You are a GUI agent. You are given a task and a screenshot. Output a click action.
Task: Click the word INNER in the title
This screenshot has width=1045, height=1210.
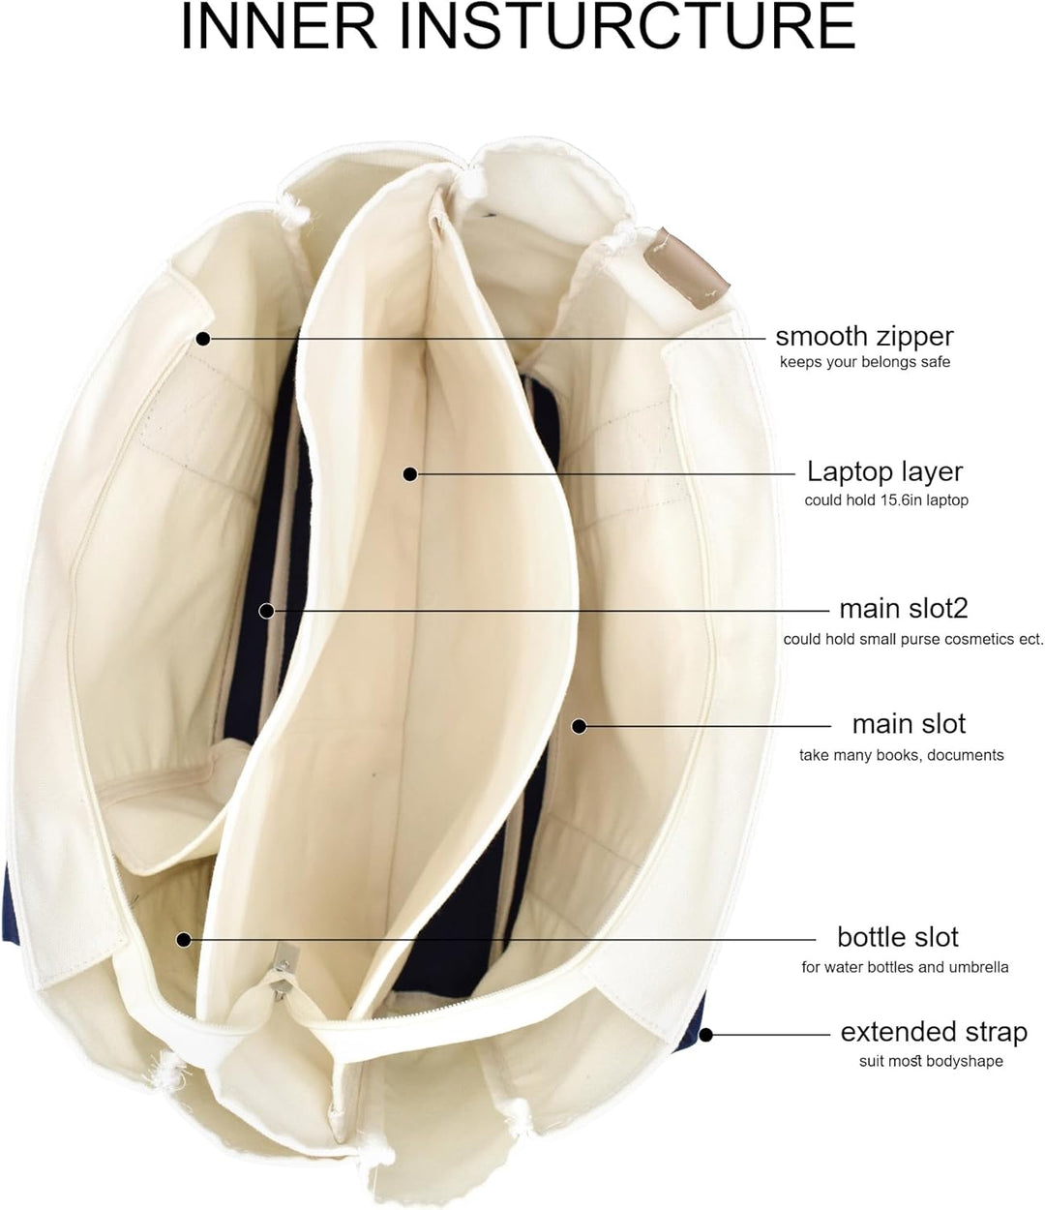click(x=279, y=27)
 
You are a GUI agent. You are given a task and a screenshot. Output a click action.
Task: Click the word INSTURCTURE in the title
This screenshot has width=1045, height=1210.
click(x=628, y=27)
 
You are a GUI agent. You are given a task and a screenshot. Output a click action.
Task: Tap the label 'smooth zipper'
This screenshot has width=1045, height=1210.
click(x=864, y=337)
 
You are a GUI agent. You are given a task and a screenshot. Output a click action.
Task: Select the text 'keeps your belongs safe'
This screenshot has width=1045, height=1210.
click(x=865, y=362)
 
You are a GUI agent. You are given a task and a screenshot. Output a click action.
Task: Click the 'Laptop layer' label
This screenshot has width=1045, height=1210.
click(x=884, y=472)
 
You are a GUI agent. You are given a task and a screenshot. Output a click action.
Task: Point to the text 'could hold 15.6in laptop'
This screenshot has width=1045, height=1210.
click(x=886, y=500)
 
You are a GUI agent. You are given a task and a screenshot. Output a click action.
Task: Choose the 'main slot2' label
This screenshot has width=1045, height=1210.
click(x=904, y=609)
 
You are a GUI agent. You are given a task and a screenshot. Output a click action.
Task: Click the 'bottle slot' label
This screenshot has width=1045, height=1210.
click(x=898, y=937)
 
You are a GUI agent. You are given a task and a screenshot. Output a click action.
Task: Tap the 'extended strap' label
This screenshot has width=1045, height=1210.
click(x=934, y=1032)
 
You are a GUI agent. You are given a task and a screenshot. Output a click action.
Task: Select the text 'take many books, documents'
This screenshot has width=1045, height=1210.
click(x=902, y=755)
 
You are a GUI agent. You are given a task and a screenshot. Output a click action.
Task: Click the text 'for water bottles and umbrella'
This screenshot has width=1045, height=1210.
click(x=905, y=967)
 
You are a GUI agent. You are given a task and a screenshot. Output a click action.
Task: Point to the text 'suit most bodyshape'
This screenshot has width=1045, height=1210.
click(x=931, y=1061)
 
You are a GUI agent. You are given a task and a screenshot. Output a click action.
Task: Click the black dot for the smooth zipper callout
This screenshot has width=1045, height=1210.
click(x=203, y=339)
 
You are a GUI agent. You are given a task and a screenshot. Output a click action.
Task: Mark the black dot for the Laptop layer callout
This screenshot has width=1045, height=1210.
click(x=410, y=474)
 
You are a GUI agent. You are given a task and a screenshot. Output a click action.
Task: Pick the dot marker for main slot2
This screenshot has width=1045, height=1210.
click(x=266, y=611)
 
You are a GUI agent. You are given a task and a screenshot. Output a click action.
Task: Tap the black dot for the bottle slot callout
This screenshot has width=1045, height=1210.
click(x=184, y=940)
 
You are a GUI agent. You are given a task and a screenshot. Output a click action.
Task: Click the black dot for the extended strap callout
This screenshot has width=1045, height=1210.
click(x=706, y=1035)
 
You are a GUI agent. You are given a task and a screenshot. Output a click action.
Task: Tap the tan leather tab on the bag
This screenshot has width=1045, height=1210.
click(x=686, y=268)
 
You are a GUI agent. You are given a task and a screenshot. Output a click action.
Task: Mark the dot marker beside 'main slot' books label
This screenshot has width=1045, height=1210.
click(x=579, y=726)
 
